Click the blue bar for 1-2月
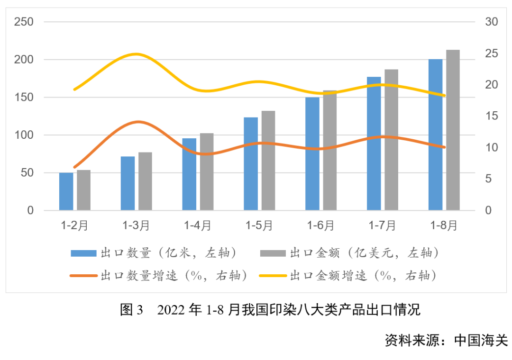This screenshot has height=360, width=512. (x=66, y=191)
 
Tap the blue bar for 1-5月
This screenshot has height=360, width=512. (x=251, y=163)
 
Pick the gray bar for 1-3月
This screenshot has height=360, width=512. (x=145, y=181)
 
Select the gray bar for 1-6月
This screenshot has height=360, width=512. (x=329, y=150)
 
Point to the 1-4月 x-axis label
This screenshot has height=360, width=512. (x=198, y=226)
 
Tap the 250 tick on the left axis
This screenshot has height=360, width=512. (x=24, y=22)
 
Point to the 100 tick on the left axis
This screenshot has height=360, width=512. (x=24, y=135)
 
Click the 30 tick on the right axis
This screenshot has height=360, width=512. (x=491, y=22)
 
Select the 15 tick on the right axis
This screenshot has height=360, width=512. (x=491, y=116)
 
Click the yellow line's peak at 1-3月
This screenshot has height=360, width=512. (x=136, y=54)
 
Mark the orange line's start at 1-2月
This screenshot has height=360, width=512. (x=74, y=167)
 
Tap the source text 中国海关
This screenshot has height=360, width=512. (x=481, y=340)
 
